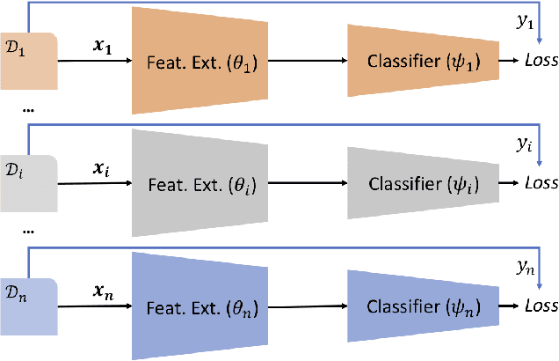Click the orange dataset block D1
tap(29, 60)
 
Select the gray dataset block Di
tap(29, 183)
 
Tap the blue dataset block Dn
tap(29, 306)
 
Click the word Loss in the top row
tap(540, 62)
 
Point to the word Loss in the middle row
tap(540, 184)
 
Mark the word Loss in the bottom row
tap(540, 306)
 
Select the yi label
tap(526, 145)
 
